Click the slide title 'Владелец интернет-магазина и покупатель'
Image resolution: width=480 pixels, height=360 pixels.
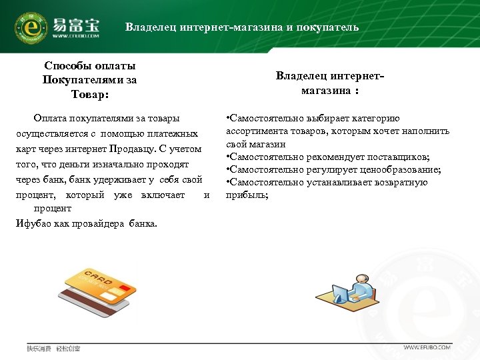(x=242, y=27)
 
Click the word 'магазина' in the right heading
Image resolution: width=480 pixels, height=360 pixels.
(x=325, y=90)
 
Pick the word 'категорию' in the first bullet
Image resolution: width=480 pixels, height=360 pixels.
(x=374, y=119)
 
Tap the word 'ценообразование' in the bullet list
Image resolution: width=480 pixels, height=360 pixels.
(x=402, y=169)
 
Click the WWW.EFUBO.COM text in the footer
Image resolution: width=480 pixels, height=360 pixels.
(x=427, y=347)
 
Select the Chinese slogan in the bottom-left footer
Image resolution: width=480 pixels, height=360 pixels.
(x=53, y=348)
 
